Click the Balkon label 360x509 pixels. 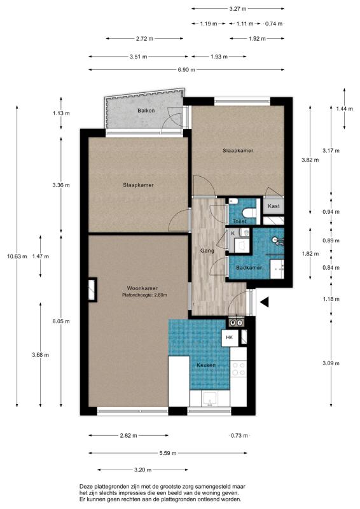pyautogui.click(x=146, y=111)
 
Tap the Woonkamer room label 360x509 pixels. pyautogui.click(x=142, y=288)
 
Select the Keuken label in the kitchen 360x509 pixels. pyautogui.click(x=206, y=365)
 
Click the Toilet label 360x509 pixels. pyautogui.click(x=240, y=221)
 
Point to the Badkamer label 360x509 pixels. pyautogui.click(x=249, y=268)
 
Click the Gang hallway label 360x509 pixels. pyautogui.click(x=207, y=251)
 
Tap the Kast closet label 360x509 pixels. pyautogui.click(x=273, y=206)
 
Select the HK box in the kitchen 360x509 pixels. pyautogui.click(x=230, y=338)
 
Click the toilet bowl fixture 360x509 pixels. pyautogui.click(x=249, y=213)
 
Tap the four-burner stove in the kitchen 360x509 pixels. pyautogui.click(x=239, y=369)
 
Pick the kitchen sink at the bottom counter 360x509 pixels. pyautogui.click(x=210, y=399)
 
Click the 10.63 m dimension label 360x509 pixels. pyautogui.click(x=17, y=256)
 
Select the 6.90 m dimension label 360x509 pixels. pyautogui.click(x=186, y=70)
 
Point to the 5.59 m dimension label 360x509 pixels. pyautogui.click(x=168, y=453)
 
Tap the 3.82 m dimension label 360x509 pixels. pyautogui.click(x=310, y=160)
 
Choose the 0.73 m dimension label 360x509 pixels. pyautogui.click(x=239, y=436)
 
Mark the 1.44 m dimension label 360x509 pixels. pyautogui.click(x=345, y=109)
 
